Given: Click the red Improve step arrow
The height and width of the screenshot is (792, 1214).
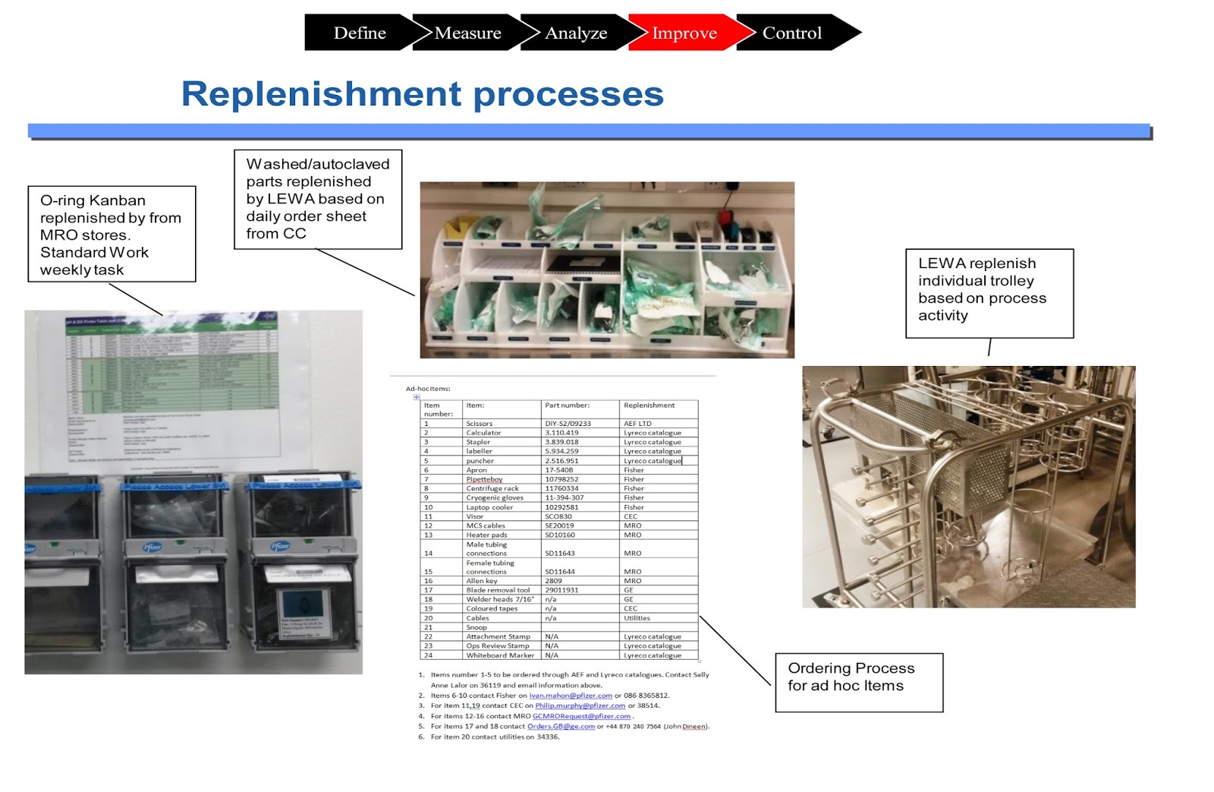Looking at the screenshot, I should (684, 33).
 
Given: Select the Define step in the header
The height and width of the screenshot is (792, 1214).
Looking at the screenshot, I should (360, 33).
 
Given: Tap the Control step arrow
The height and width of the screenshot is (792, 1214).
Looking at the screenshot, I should (792, 33).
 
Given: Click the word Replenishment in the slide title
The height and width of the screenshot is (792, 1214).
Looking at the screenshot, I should (321, 94).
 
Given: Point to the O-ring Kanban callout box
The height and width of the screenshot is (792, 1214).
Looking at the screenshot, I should (112, 234).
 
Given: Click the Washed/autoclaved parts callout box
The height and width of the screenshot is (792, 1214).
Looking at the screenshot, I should (318, 199).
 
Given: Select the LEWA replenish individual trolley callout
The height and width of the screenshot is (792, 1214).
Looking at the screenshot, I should (989, 292).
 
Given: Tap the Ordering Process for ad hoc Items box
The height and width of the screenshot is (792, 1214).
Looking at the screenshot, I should (858, 682).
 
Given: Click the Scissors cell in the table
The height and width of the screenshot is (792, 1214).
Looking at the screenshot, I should (480, 424).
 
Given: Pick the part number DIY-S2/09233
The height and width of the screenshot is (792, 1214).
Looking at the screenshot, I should (568, 424).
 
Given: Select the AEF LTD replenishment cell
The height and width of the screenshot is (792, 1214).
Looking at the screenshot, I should (637, 424).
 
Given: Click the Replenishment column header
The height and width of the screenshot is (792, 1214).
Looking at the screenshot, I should (649, 405).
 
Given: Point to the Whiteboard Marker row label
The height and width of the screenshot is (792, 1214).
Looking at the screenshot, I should (500, 655).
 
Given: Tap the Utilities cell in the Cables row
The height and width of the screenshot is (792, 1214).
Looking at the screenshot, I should (637, 618).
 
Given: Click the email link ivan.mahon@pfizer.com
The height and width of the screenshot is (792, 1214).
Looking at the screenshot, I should (571, 696).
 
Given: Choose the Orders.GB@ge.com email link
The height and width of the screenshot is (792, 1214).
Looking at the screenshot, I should (561, 727).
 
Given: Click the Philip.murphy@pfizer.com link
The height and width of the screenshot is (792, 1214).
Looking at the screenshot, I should (580, 705).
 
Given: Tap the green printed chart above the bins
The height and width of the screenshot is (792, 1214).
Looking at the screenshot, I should (172, 387).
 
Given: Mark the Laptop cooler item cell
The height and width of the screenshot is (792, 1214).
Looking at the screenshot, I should (489, 507).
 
